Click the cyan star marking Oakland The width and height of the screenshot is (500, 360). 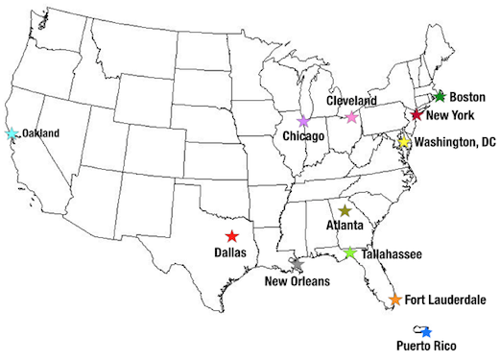point(12,133)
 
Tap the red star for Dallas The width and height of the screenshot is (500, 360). point(231,236)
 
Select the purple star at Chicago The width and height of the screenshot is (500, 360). point(303,122)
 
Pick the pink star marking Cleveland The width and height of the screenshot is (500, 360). point(351,116)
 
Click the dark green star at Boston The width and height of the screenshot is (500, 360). point(440,96)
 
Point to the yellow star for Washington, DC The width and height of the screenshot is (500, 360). point(404,142)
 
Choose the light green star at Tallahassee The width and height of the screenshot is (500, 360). point(350,253)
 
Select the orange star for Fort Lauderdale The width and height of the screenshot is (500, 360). point(394,300)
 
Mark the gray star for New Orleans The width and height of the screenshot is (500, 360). point(296,262)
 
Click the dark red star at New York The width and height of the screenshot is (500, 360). point(417,114)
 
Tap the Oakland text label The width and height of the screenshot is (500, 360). point(41,133)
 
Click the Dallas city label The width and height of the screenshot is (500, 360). point(230,252)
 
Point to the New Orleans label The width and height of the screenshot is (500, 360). point(298,281)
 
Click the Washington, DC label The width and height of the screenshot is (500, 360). point(454,142)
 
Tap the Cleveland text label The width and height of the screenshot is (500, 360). point(352,100)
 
